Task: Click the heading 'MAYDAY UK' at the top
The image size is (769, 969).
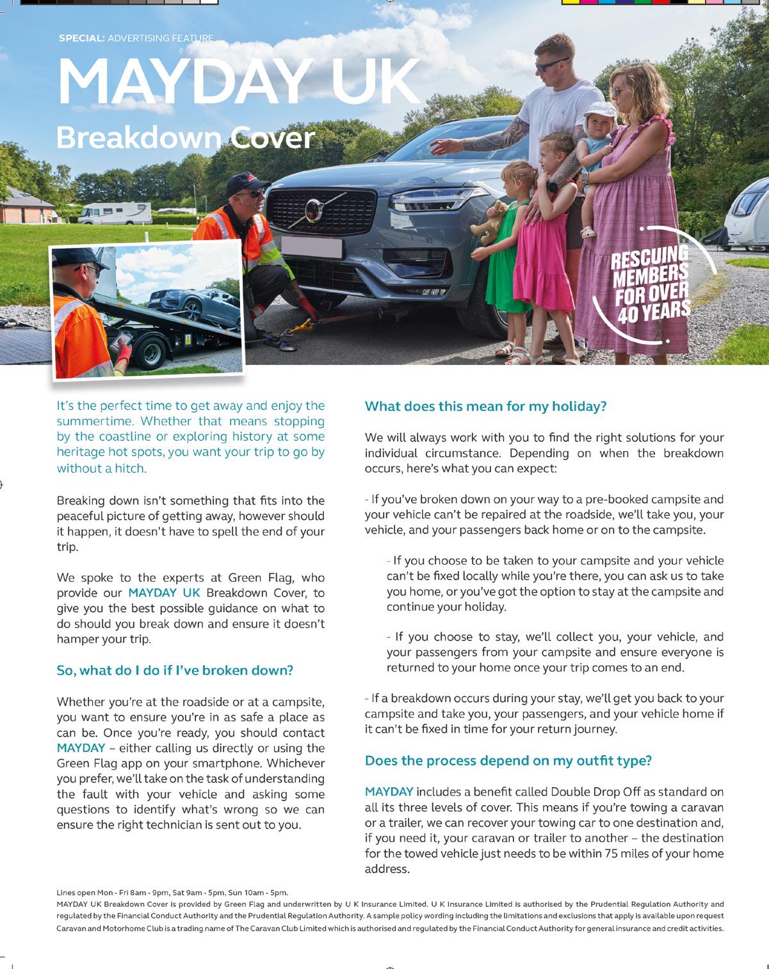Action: pyautogui.click(x=238, y=81)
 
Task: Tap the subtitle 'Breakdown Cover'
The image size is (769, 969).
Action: pyautogui.click(x=186, y=138)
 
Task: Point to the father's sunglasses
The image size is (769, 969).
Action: pyautogui.click(x=551, y=65)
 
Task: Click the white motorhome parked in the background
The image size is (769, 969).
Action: pyautogui.click(x=115, y=212)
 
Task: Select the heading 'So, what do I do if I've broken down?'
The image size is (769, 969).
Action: pyautogui.click(x=175, y=670)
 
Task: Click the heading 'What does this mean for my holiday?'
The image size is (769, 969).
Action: pyautogui.click(x=485, y=406)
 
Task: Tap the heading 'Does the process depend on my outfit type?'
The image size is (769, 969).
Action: pyautogui.click(x=508, y=760)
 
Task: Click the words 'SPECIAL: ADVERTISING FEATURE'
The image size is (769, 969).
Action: pyautogui.click(x=136, y=38)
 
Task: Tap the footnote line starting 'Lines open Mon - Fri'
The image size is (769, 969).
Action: pyautogui.click(x=172, y=892)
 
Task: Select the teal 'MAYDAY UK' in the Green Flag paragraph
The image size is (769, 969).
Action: pyautogui.click(x=164, y=593)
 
